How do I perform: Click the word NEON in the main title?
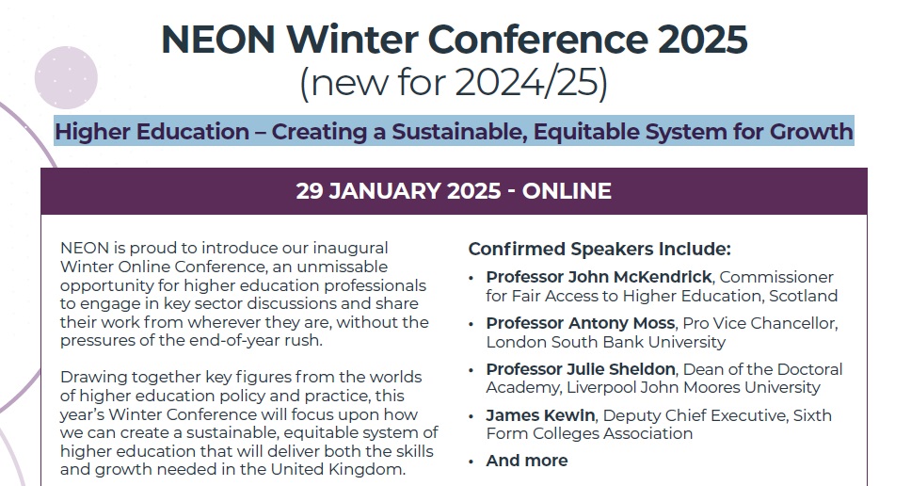218,40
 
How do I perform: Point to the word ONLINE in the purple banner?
567,191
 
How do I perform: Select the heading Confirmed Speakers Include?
599,249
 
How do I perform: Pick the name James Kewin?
540,415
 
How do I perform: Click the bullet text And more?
526,461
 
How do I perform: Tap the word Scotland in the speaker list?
802,296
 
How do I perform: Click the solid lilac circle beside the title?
66,77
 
